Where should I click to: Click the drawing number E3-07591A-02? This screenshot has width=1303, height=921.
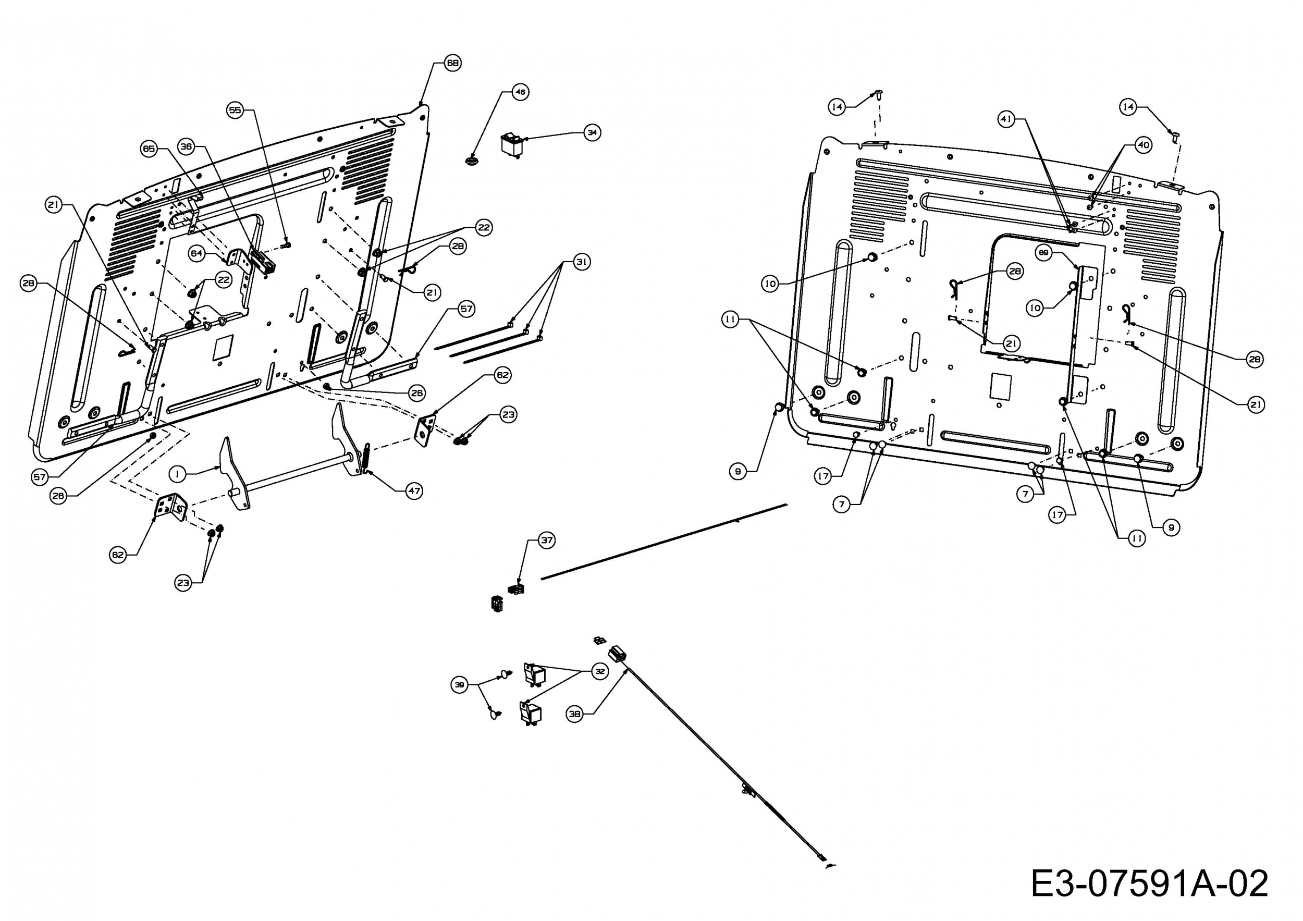[x=1149, y=883]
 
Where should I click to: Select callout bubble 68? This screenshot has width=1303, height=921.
[x=452, y=63]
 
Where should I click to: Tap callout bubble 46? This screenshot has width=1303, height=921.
[x=520, y=92]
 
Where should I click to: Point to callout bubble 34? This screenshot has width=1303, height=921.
[x=592, y=132]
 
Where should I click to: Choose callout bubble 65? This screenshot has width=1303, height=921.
[x=149, y=149]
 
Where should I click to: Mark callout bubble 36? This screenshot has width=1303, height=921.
[x=186, y=146]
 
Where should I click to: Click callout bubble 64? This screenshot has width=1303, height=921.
[x=196, y=254]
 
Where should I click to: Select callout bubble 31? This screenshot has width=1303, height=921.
[x=581, y=262]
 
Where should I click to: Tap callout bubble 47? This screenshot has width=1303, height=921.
[x=414, y=491]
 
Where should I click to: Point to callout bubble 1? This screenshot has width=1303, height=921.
[x=178, y=473]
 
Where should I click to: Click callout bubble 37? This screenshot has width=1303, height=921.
[x=547, y=540]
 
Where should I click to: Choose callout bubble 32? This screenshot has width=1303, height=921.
[x=599, y=671]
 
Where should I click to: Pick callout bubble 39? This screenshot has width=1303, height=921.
[x=460, y=685]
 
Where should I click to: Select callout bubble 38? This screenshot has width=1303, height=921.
[x=575, y=714]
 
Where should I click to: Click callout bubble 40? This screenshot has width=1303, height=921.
[x=1143, y=145]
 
